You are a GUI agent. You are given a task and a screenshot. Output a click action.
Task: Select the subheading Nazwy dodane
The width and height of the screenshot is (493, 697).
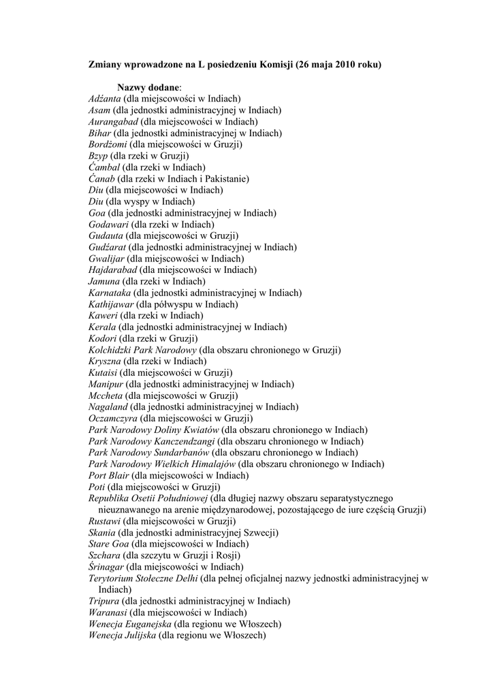[148, 88]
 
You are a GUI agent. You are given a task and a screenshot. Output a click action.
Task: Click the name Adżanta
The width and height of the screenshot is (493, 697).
[104, 99]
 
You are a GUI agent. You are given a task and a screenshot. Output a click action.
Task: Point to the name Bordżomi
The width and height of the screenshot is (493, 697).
[108, 144]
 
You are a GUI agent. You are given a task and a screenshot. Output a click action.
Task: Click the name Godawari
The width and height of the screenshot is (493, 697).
[109, 224]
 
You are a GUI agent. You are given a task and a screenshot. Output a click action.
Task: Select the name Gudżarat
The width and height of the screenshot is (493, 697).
[108, 247]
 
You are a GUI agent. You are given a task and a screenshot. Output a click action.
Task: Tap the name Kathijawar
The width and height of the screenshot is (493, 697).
[111, 304]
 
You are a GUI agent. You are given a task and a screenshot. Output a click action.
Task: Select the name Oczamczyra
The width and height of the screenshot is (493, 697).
[113, 418]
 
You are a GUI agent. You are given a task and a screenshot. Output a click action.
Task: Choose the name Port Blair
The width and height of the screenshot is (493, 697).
[108, 475]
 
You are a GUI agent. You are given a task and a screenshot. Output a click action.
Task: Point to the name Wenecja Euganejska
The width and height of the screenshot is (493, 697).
[129, 623]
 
